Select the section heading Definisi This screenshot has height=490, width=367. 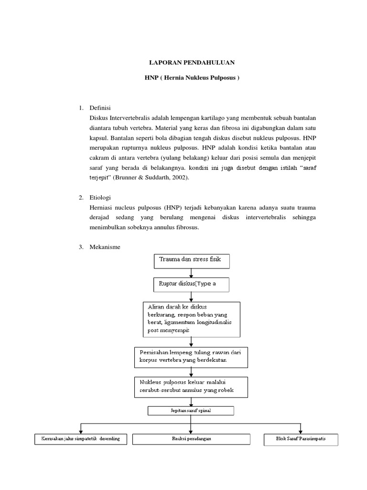[x=100, y=108]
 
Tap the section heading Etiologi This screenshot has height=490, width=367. [x=100, y=198]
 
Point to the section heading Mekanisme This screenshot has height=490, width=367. [x=105, y=247]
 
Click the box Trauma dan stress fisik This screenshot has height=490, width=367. [x=191, y=261]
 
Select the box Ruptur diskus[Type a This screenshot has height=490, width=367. [x=191, y=284]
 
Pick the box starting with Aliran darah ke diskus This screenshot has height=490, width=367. [x=191, y=319]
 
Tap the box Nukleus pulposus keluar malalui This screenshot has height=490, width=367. [x=191, y=387]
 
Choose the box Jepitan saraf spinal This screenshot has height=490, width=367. [x=191, y=411]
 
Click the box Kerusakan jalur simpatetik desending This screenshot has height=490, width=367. [x=80, y=439]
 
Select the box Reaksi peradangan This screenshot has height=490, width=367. [x=191, y=439]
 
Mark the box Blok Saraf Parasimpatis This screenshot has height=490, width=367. [x=301, y=439]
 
